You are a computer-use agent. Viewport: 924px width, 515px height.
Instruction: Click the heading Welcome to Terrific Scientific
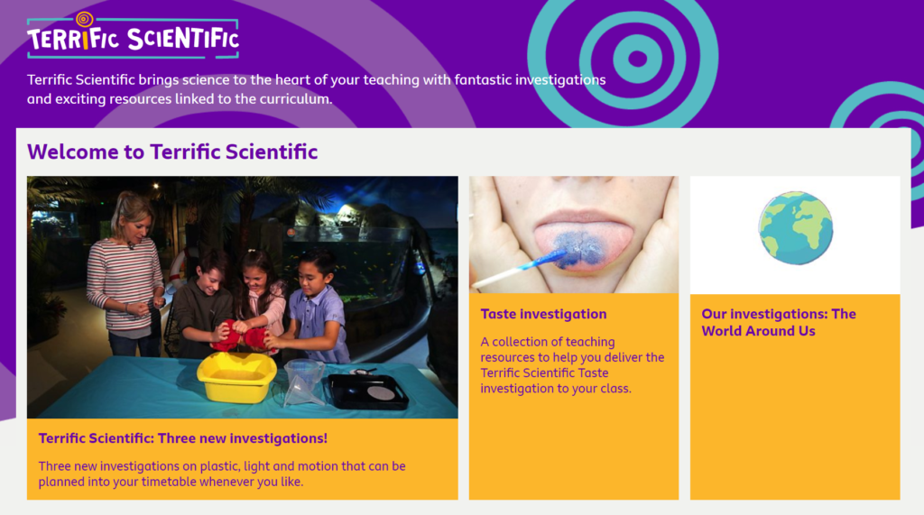click(172, 152)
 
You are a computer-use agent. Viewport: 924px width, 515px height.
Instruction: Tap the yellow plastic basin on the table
click(236, 377)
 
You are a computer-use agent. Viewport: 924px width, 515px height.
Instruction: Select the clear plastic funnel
click(303, 383)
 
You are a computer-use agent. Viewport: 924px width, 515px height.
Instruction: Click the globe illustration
click(796, 228)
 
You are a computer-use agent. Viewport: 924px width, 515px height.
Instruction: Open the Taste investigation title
click(543, 314)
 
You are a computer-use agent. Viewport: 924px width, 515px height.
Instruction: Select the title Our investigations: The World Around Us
click(779, 322)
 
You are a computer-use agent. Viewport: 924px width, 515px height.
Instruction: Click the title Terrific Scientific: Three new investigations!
click(182, 438)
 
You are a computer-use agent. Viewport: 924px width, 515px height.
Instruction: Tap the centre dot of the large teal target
click(638, 59)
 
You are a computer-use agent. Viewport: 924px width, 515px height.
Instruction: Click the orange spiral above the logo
click(84, 20)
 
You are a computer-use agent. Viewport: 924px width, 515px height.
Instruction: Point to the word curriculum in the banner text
click(293, 99)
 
